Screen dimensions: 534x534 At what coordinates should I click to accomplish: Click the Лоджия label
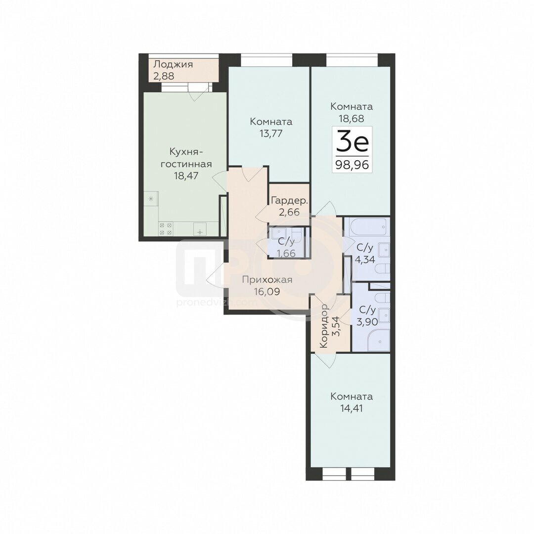pos(173,64)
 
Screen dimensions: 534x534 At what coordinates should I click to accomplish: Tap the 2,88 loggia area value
pos(164,76)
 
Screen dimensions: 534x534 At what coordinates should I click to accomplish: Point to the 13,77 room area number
pos(271,133)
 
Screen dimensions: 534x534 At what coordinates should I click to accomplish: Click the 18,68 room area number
pos(352,118)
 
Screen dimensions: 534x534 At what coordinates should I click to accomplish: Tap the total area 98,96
pos(352,165)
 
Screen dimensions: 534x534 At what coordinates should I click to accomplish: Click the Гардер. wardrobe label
pos(289,201)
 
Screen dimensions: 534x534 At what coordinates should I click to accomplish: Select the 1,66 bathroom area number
pos(286,253)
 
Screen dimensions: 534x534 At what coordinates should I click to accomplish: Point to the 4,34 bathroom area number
pos(365,259)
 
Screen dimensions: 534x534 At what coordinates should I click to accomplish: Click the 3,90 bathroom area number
pos(367,321)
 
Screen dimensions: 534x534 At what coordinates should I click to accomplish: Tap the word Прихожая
pos(267,280)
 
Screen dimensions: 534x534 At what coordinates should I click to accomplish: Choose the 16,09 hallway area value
pos(267,292)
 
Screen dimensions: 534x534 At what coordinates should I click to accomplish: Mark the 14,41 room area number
pos(352,408)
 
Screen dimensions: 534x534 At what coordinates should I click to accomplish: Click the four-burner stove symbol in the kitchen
pos(166,228)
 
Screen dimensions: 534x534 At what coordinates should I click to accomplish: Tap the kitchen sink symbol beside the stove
pos(200,229)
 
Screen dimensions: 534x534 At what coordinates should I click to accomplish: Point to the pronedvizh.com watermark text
pos(214,302)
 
